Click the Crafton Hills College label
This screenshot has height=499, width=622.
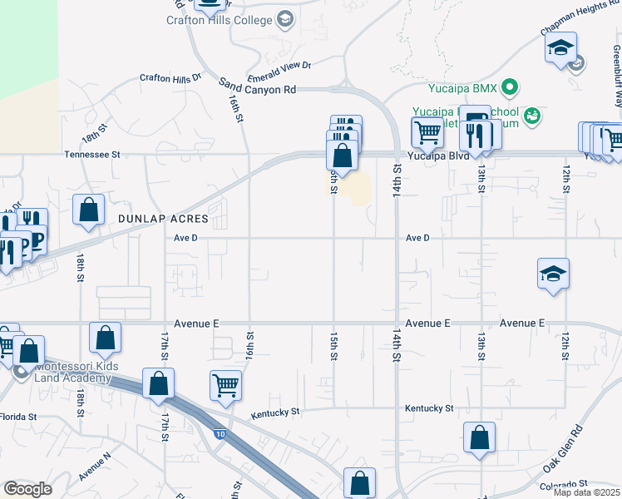pos(220,20)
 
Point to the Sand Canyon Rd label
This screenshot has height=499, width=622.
pos(258,86)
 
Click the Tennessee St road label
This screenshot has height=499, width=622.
pos(93,154)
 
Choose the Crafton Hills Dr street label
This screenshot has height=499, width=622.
pos(170,77)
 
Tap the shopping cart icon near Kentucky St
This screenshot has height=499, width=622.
pos(225,385)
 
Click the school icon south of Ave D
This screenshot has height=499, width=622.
pos(552,274)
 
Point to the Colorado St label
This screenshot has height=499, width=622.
pos(564,484)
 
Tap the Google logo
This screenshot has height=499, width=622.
pos(28,488)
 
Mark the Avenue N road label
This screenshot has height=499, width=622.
pos(95,467)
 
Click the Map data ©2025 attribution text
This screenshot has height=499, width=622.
pos(586,492)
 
